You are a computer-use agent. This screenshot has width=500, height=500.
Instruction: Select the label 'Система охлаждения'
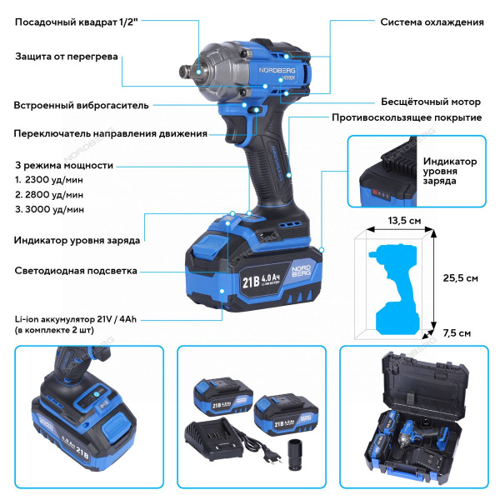[x=432, y=22]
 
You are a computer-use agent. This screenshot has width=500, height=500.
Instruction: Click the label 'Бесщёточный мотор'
[x=431, y=102]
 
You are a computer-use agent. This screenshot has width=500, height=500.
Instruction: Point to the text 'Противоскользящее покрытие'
[x=407, y=117]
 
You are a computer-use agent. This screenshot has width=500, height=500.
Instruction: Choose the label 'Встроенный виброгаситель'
[x=81, y=106]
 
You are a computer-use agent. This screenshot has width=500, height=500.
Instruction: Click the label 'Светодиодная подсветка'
[x=76, y=271]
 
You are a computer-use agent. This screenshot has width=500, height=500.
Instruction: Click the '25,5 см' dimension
[x=459, y=278]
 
